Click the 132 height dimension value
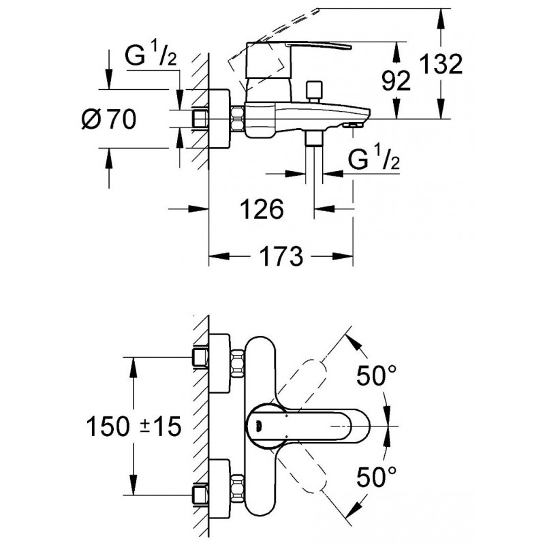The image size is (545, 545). (x=441, y=64)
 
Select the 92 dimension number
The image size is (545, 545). (x=396, y=81)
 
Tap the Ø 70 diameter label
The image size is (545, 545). (x=109, y=119)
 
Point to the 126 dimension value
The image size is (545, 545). (x=262, y=209)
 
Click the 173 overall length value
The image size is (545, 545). (x=281, y=257)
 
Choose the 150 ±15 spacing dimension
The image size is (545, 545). (x=134, y=426)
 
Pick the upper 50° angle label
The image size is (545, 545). (x=377, y=375)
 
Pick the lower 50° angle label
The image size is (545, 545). (x=377, y=477)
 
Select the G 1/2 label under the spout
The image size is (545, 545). (x=373, y=159)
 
